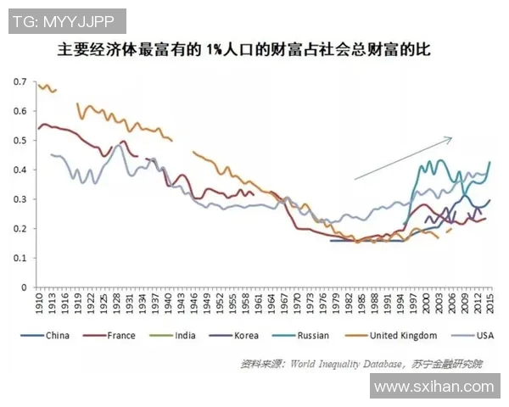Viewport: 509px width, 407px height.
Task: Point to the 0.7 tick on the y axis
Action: [20, 81]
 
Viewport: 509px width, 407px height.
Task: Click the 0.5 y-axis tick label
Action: [20, 141]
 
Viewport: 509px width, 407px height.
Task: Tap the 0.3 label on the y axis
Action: [20, 199]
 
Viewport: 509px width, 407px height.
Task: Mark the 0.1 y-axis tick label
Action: [20, 258]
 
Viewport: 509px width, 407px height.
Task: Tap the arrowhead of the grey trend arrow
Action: [449, 138]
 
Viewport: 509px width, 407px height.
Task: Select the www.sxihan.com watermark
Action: [433, 386]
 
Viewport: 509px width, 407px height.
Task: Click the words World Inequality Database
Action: [330, 364]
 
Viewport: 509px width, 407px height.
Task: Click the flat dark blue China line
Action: [365, 241]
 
